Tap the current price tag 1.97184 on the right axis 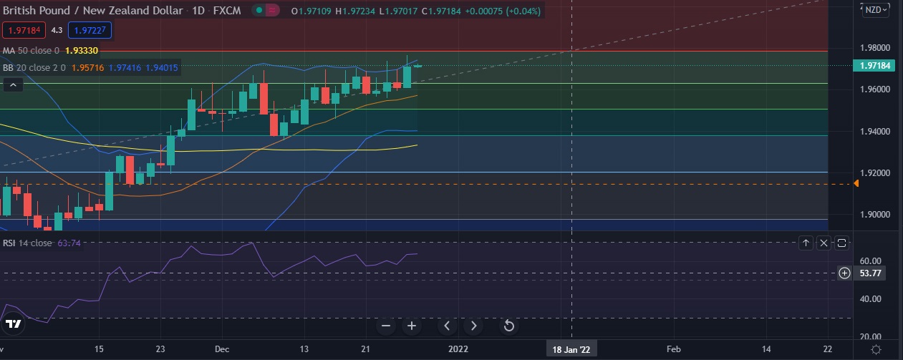tap(874, 66)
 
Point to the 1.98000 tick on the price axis tap(874, 48)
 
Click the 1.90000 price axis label tap(874, 215)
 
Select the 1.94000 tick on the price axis tap(874, 132)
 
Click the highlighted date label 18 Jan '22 tap(571, 349)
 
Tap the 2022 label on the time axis tap(458, 349)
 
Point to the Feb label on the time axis tap(673, 349)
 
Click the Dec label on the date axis tap(221, 349)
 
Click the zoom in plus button tap(412, 326)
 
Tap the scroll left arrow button tap(448, 326)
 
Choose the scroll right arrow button tap(473, 326)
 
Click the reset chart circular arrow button tap(508, 326)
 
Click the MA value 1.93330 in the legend tap(81, 51)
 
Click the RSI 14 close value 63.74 tap(69, 243)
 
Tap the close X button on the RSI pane tap(824, 243)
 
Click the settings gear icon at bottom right tap(876, 349)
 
